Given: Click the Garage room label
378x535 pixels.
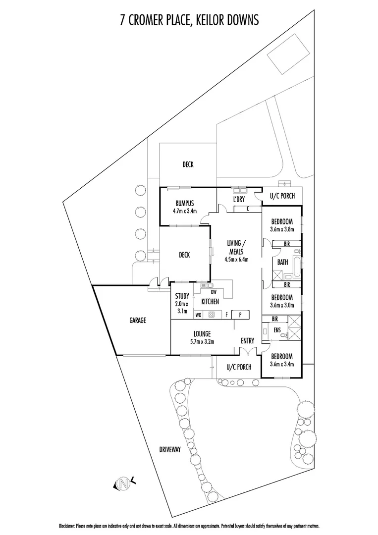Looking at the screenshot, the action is pos(138,321).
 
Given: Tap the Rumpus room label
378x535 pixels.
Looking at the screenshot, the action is pos(185,204).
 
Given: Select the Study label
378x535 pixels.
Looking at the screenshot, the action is pos(182,296).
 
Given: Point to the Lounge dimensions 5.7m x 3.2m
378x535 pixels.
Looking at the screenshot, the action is pos(202,341).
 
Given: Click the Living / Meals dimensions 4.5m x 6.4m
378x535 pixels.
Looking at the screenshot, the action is pos(236,259).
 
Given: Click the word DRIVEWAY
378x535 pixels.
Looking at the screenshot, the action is pos(170,450).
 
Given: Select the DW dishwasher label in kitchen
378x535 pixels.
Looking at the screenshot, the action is pos(214,292).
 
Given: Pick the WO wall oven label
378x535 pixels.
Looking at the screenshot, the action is pos(198,315).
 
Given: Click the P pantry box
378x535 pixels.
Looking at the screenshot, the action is pos(240,315).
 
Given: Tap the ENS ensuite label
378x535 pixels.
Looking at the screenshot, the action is pos(277,330).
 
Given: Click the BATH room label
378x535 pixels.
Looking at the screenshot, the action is pos(282,263).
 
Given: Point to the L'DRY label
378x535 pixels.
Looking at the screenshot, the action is pos(239,199).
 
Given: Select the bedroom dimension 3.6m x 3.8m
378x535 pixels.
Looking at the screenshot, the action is pos(282,229).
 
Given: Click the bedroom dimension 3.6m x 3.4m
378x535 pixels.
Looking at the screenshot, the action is pos(282,364).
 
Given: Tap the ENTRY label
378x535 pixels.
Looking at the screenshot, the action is pos(247,340).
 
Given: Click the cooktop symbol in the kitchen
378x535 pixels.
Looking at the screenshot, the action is pos(212,315).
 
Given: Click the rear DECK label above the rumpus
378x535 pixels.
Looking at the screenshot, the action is pos(188,164).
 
